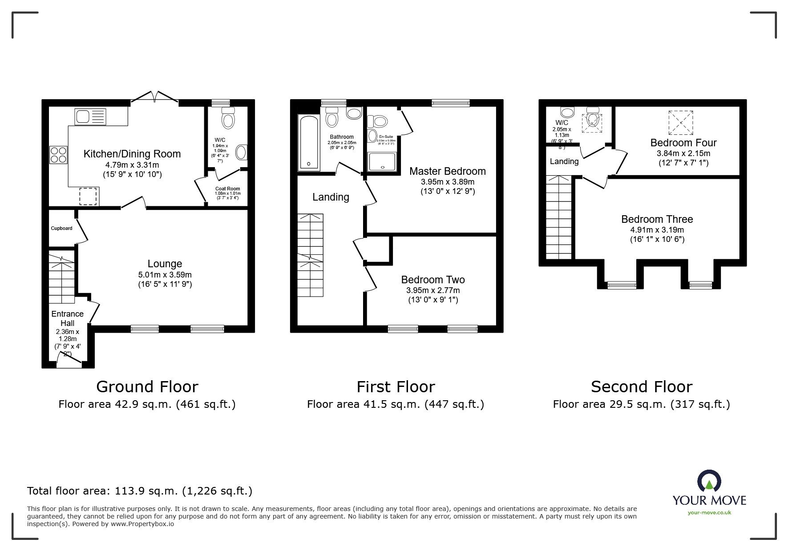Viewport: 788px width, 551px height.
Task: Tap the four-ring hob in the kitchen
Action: coord(59,155)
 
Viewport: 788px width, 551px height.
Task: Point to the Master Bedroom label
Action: coord(447,171)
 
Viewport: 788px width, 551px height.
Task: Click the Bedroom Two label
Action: coord(432,280)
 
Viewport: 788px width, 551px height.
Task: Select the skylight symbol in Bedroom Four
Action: coord(680,122)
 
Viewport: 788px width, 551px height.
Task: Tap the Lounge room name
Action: coord(165,264)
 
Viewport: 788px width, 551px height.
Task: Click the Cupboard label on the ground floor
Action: coord(61,229)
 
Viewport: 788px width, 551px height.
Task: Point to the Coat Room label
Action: coord(227,189)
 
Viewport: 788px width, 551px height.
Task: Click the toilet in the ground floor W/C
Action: coord(228,120)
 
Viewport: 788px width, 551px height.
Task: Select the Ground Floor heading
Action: coord(147,386)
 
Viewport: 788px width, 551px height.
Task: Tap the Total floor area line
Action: coord(140,491)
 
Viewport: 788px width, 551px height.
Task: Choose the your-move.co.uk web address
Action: coord(709,513)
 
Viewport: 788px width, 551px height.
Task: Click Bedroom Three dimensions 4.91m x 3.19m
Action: coord(657,230)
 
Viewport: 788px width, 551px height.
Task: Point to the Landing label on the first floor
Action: coord(330,197)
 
